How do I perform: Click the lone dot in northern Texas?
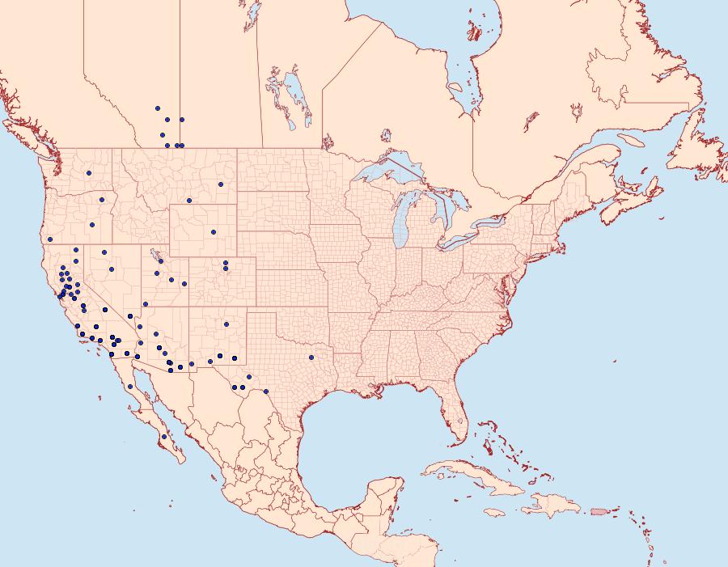pos(311,357)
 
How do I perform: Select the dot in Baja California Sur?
pos(164,437)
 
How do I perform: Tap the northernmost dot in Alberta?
pos(157,108)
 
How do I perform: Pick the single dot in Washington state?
pos(89,172)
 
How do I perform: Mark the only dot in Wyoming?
pos(214,232)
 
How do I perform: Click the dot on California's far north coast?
pos(49,239)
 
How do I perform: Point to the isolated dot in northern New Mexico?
pos(226,324)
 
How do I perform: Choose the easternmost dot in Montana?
pos(219,184)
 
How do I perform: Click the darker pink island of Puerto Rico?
pos(599,510)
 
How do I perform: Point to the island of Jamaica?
pos(494,512)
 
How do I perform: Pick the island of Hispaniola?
pos(552,506)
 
